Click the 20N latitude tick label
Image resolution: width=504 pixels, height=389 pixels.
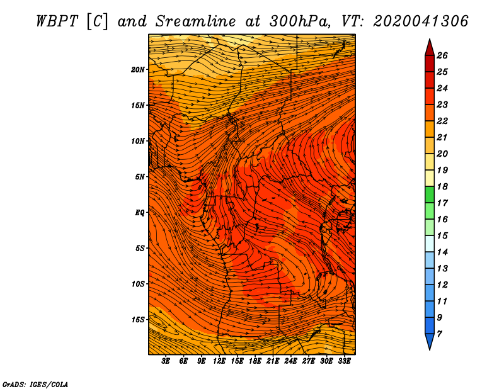click(137, 70)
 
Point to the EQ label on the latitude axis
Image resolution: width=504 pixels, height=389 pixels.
click(140, 213)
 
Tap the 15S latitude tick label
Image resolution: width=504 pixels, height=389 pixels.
click(138, 320)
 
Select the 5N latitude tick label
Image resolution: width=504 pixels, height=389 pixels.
click(140, 177)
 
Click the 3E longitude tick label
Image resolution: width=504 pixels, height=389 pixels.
click(166, 361)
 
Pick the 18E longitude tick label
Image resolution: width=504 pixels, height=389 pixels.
click(255, 361)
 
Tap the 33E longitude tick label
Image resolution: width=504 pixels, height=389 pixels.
click(344, 361)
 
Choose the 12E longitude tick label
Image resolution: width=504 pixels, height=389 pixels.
click(219, 361)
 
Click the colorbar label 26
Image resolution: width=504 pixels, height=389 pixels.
click(442, 55)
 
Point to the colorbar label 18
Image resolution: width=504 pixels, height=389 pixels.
click(442, 186)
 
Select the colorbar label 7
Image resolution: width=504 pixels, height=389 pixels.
click(440, 334)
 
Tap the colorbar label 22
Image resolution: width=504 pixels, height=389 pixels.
click(442, 121)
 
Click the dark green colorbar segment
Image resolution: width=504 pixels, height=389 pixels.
click(430, 194)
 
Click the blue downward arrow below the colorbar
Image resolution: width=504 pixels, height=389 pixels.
click(430, 341)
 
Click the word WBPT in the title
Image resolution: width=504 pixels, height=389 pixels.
click(57, 21)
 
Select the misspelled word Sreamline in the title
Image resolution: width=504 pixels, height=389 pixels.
click(196, 21)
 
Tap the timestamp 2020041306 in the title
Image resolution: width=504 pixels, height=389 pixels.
click(421, 21)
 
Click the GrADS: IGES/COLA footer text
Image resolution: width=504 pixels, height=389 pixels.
click(35, 385)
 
